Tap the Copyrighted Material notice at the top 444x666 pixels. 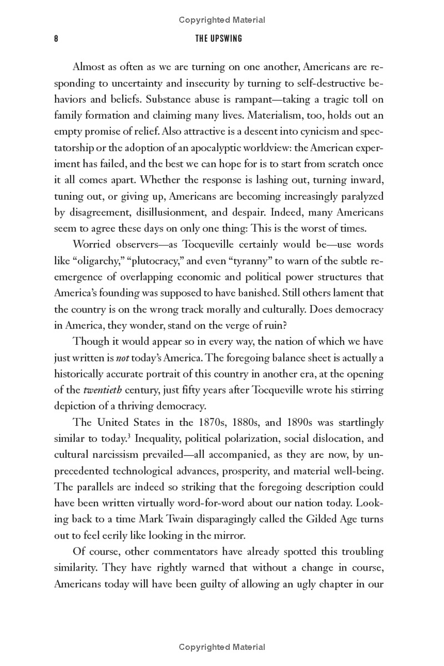coord(222,20)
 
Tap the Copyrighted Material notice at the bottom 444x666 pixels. coord(222,647)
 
